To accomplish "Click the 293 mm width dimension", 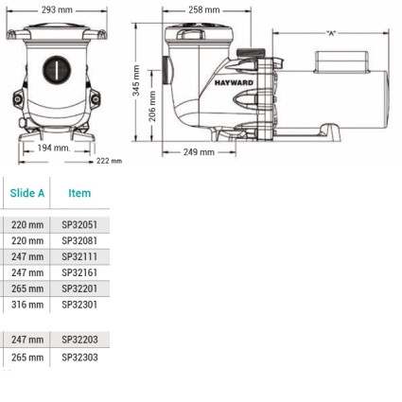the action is point(57,10).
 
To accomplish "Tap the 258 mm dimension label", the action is point(204,10).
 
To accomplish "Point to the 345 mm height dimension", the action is point(136,80).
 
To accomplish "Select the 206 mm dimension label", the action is point(152,106).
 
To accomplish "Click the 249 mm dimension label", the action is point(199,152).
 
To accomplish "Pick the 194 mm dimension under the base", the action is point(54,148).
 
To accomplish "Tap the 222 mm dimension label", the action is point(109,161).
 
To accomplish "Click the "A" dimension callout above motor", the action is point(331,33).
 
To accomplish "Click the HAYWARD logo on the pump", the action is point(234,83).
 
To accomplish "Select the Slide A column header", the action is point(27,193).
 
